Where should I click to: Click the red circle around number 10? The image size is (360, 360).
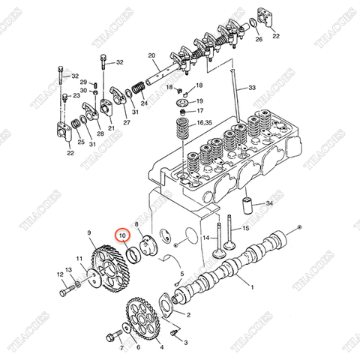121,238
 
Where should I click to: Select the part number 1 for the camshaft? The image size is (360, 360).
252,288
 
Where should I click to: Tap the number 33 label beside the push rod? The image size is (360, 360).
252,88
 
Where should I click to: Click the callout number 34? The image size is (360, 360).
271,202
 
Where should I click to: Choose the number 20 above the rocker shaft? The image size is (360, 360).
151,56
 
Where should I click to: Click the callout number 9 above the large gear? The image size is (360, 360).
88,232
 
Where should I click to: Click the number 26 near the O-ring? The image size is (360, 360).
259,40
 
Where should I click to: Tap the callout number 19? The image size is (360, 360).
199,100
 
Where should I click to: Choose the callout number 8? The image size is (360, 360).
136,224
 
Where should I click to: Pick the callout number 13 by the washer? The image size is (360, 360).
69,270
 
